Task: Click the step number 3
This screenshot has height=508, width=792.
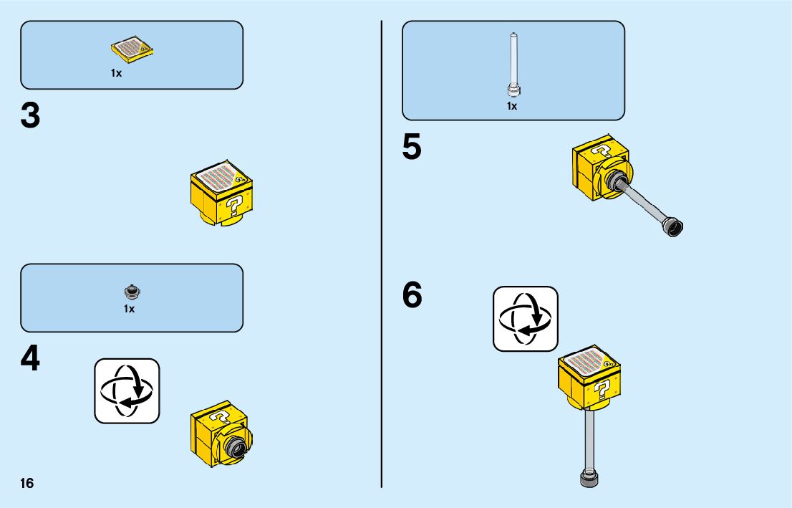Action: (30, 116)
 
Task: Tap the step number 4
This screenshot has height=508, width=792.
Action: (30, 360)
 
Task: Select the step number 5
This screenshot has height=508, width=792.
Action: (412, 148)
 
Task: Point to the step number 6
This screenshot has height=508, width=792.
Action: (412, 295)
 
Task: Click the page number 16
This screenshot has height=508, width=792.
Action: (27, 484)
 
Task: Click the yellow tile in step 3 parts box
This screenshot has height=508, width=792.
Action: (132, 49)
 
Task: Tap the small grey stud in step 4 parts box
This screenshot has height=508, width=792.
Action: (130, 291)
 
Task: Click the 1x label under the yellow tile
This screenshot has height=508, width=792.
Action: (116, 73)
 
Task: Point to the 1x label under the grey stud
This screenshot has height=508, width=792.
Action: (129, 310)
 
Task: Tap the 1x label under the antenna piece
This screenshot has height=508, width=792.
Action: (512, 106)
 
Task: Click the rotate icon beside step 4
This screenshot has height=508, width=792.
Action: (127, 390)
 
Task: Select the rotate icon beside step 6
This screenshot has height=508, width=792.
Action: (526, 319)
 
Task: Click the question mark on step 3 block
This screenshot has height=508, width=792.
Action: (233, 207)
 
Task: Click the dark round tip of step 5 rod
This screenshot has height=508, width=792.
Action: (673, 228)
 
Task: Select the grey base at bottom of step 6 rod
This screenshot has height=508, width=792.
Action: (588, 479)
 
